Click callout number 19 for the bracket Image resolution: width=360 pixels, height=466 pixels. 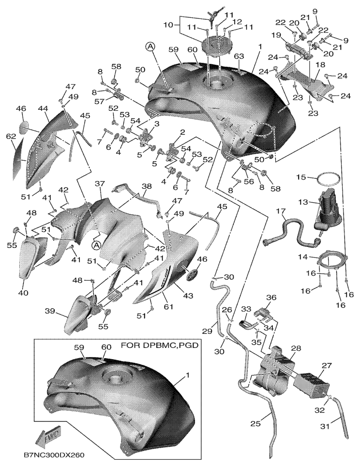point(277,35)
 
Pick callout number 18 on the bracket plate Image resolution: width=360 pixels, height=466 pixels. point(320,64)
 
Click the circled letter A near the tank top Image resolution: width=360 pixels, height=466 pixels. point(150,46)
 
